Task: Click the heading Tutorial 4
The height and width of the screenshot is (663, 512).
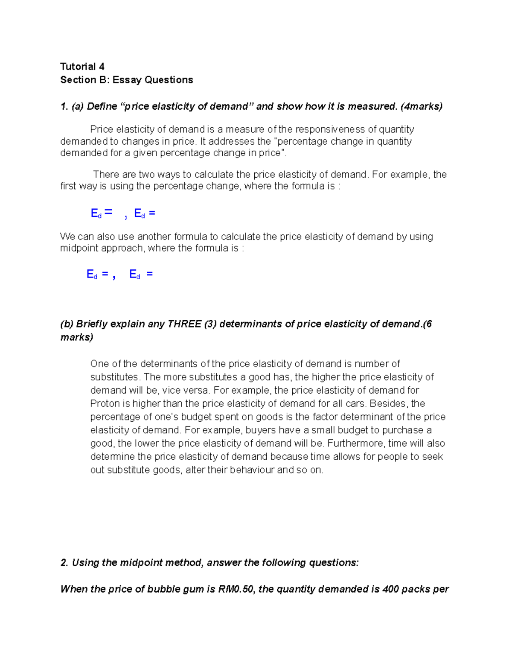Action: coord(82,67)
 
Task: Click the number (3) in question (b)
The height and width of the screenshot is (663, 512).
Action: coord(210,324)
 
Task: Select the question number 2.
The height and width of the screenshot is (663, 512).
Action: coord(64,563)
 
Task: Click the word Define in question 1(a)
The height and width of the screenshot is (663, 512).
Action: coord(102,106)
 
